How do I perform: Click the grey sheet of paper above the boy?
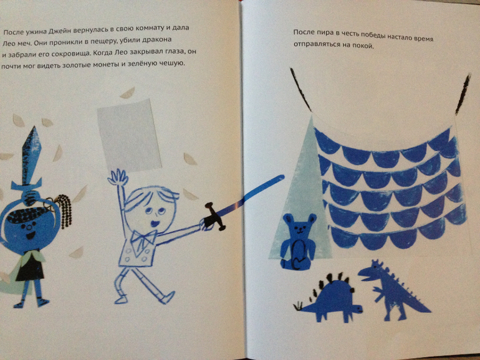click(x=129, y=135)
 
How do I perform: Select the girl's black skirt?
click(x=30, y=268)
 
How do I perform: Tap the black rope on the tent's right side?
click(x=463, y=93)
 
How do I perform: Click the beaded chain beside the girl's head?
click(x=65, y=211)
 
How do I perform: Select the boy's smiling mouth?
click(x=155, y=223)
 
